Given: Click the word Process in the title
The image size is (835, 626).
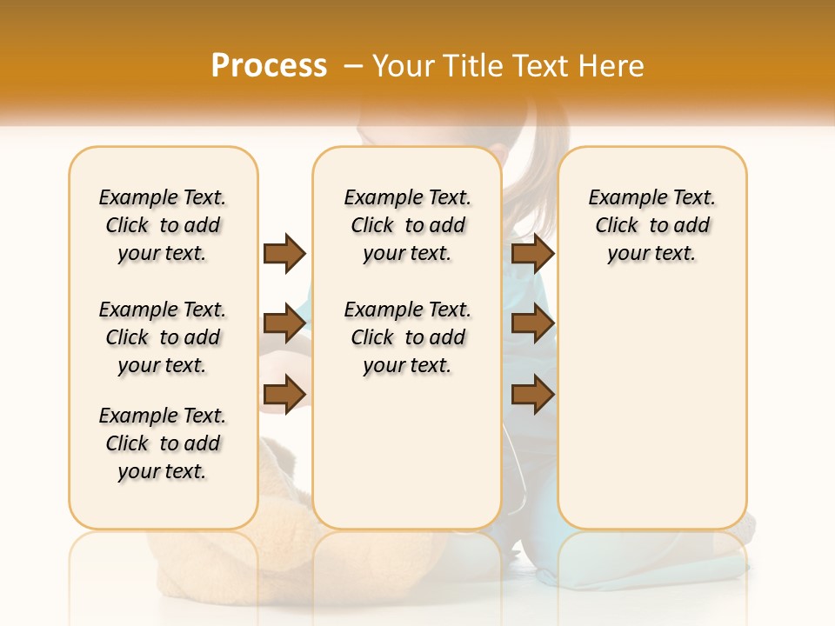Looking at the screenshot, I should pyautogui.click(x=269, y=65).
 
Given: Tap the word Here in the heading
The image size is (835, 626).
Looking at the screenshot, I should pyautogui.click(x=609, y=66).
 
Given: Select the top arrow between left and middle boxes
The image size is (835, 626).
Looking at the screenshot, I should pyautogui.click(x=284, y=253).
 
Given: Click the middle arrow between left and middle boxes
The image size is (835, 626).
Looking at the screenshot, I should pyautogui.click(x=284, y=324).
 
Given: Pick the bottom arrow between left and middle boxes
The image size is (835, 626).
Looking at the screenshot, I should pyautogui.click(x=284, y=395).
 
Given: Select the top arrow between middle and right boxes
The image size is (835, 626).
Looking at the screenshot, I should pyautogui.click(x=532, y=253).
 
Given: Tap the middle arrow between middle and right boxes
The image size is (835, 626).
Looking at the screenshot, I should pyautogui.click(x=532, y=324).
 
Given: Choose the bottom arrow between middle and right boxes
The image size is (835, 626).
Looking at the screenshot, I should pyautogui.click(x=532, y=395).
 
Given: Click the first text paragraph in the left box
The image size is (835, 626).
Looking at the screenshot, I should pyautogui.click(x=163, y=225).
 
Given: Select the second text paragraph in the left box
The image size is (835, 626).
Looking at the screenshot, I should pyautogui.click(x=163, y=337).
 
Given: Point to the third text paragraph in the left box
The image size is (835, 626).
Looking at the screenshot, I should pyautogui.click(x=163, y=443).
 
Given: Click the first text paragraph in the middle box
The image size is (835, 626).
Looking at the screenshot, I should pyautogui.click(x=407, y=225).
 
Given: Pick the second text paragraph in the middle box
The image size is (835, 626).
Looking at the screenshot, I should pyautogui.click(x=407, y=337).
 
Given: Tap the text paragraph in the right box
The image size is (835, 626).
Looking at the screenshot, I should pyautogui.click(x=651, y=225).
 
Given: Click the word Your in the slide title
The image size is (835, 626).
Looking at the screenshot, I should pyautogui.click(x=404, y=66).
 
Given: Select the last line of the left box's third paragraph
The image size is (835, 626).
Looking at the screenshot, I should pyautogui.click(x=163, y=471).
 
